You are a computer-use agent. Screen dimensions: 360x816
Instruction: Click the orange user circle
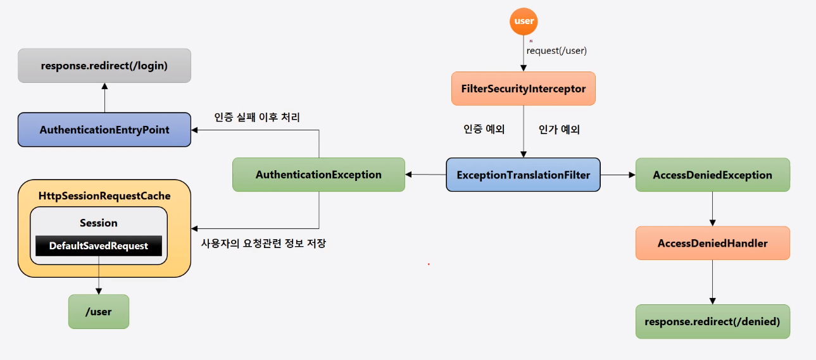click(524, 21)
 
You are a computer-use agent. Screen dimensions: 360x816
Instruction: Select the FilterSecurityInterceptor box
click(523, 89)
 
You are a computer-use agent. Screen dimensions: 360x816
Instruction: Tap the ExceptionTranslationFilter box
click(523, 175)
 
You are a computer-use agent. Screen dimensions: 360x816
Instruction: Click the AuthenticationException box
click(318, 175)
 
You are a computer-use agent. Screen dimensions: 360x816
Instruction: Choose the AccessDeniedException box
click(713, 175)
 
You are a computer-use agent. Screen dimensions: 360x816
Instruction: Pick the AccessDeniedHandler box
click(713, 243)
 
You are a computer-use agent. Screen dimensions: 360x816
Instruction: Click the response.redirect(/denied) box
click(713, 321)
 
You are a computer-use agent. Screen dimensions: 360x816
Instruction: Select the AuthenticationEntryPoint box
click(104, 130)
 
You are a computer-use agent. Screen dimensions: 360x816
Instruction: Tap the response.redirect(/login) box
click(104, 65)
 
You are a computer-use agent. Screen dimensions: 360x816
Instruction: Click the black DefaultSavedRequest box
click(99, 245)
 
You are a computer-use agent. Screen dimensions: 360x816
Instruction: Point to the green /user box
click(99, 311)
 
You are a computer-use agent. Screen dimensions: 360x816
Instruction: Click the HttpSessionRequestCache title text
click(104, 196)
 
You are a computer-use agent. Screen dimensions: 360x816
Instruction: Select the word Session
click(99, 223)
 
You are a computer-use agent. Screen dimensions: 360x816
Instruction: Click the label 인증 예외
click(484, 130)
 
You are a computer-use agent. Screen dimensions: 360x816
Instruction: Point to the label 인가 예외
click(560, 130)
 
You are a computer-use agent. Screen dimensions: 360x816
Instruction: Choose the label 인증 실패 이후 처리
click(257, 117)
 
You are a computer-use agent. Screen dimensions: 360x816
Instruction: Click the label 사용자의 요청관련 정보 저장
click(263, 243)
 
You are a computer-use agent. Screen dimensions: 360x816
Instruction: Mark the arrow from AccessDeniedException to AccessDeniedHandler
click(713, 209)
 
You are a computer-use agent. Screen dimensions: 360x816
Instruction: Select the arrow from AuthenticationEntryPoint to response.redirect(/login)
click(104, 97)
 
